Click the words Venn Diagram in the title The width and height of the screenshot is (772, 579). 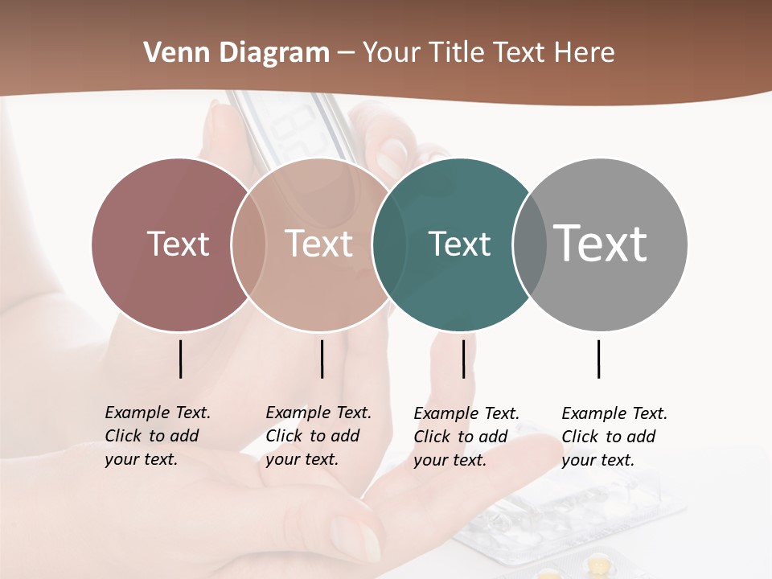[x=236, y=53]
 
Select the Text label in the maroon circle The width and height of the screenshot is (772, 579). [x=178, y=244]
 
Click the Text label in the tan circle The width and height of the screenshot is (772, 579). [x=318, y=244]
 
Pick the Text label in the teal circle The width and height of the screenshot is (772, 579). [x=459, y=244]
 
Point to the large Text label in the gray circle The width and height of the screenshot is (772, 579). [x=601, y=243]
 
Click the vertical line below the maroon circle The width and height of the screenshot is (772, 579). [x=180, y=359]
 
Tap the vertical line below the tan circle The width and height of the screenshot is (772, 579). [x=322, y=359]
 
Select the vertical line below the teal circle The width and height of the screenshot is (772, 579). [x=463, y=359]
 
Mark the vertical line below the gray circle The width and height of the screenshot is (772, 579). [x=598, y=359]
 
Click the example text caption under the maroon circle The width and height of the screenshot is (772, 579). [x=158, y=436]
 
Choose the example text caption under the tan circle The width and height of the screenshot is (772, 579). [x=318, y=436]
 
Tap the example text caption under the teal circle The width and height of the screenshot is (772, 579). [x=466, y=437]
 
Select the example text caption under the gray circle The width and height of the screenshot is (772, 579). [x=614, y=437]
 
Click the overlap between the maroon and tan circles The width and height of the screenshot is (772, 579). [x=249, y=244]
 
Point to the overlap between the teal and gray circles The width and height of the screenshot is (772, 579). [x=530, y=244]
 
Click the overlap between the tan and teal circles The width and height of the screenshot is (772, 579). [x=389, y=244]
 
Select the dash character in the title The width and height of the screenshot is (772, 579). [x=346, y=53]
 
